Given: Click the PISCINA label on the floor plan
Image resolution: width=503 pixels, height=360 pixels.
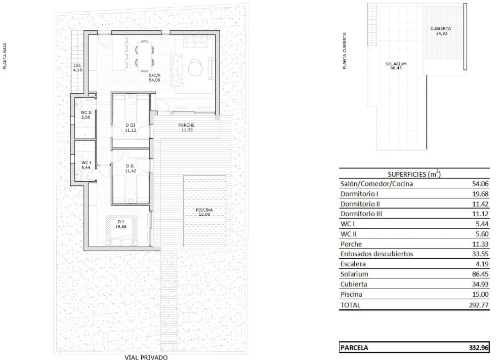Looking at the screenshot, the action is (x=204, y=210).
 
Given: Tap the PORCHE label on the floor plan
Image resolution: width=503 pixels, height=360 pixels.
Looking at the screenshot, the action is (x=186, y=125).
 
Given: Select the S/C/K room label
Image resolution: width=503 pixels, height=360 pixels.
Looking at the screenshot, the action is (x=154, y=76).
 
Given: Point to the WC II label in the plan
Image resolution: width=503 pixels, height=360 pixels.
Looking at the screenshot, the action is (x=86, y=112).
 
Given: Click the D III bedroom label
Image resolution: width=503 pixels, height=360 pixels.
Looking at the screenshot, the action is (x=130, y=125).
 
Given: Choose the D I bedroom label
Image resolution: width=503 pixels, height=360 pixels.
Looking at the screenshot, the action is (x=121, y=222).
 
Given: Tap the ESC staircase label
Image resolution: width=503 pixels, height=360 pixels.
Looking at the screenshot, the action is (x=77, y=65).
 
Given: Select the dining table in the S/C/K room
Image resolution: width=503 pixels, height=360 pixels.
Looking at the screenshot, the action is (x=145, y=56).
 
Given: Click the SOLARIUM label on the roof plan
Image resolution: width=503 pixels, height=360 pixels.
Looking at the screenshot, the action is (x=396, y=64).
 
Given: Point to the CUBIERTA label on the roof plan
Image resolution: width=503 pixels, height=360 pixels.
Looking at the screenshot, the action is (x=440, y=28).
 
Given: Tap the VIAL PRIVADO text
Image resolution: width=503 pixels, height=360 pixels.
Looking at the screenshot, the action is (x=146, y=357).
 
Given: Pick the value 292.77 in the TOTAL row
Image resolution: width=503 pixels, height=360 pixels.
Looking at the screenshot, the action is (x=479, y=305).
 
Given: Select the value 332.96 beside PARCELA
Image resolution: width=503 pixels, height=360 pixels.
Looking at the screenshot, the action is (x=479, y=347).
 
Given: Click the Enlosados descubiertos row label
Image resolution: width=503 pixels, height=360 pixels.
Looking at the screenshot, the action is (x=376, y=254).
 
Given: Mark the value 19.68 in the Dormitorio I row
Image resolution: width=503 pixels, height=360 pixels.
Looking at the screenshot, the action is (x=480, y=194).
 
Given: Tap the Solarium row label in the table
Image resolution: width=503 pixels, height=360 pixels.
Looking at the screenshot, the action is (x=354, y=274).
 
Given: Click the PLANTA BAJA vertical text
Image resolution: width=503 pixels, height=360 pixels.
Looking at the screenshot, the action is (x=5, y=56).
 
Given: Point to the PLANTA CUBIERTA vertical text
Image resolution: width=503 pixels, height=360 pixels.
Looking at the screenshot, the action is (x=345, y=50).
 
